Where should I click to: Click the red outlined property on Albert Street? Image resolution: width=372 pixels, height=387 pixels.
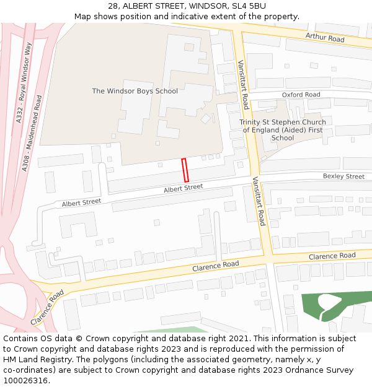coord(185,170)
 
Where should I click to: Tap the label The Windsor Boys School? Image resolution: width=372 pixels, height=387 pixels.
coord(135,91)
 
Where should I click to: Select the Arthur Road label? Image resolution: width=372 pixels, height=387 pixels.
coord(324,38)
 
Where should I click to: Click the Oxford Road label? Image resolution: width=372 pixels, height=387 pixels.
coord(301,95)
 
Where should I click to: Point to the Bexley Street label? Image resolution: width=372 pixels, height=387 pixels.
coord(343,176)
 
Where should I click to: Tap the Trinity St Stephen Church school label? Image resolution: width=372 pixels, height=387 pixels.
coord(282,130)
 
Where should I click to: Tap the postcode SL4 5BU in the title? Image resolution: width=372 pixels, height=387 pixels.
coord(250,6)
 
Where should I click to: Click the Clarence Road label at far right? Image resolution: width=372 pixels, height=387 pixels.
coord(332,256)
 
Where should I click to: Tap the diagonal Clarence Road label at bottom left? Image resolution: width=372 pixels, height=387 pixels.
coord(47,308)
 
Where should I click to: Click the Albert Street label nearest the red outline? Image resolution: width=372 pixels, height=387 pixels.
coord(183,188)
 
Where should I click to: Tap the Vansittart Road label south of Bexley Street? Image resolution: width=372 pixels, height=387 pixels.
coord(258,201)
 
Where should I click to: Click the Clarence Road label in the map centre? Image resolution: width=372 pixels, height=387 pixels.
coord(215,265)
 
